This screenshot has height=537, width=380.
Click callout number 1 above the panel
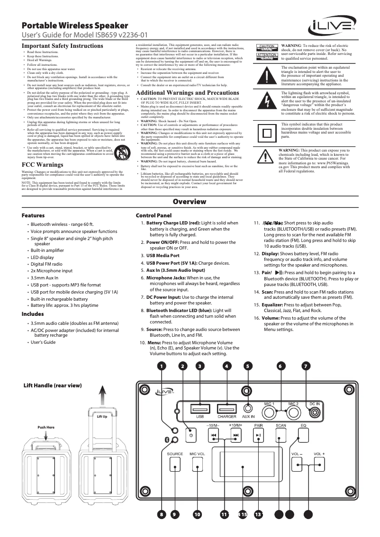coord(162,366)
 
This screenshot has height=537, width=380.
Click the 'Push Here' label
coord(46,427)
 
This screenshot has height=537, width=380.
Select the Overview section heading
coord(190,202)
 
